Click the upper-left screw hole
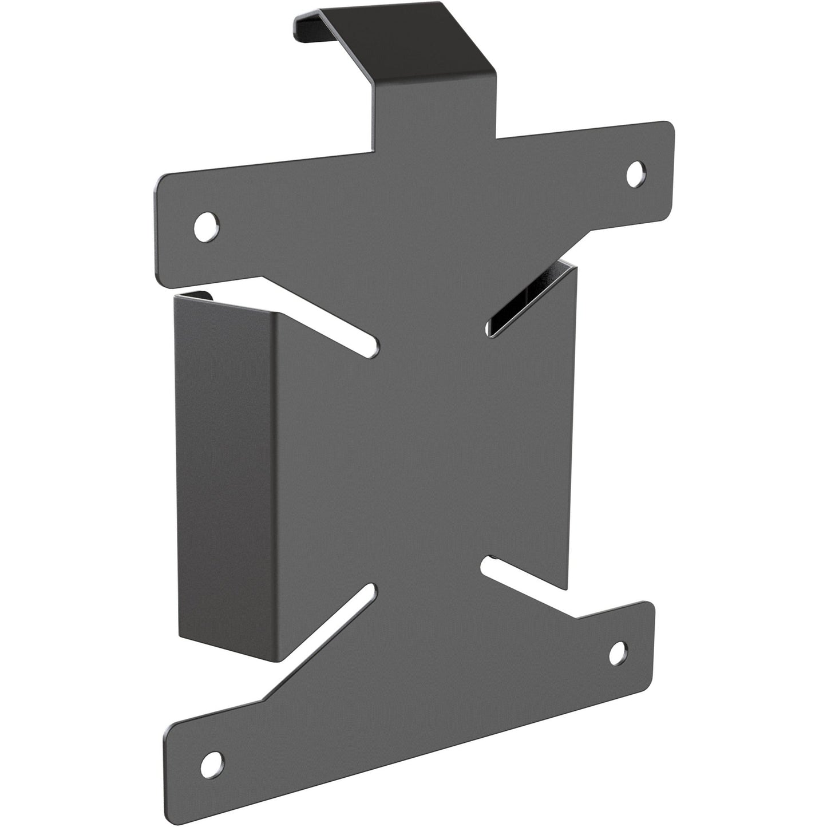click(x=207, y=225)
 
